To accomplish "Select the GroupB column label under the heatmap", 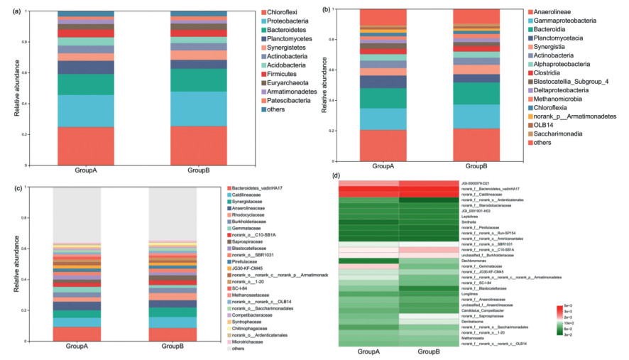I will pos(427,351).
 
